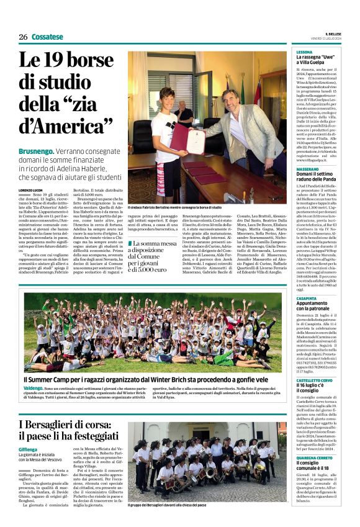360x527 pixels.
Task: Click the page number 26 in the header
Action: coord(23,37)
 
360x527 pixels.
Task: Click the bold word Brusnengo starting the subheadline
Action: coord(35,151)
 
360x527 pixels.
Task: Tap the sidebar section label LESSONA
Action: coord(304,52)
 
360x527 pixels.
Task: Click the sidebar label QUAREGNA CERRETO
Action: coord(315,456)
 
